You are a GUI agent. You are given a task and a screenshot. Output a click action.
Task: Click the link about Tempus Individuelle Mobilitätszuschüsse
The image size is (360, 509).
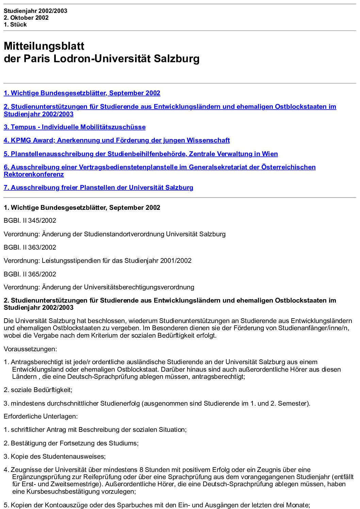[x=75, y=127]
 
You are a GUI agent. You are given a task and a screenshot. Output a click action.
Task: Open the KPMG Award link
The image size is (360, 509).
[x=117, y=140]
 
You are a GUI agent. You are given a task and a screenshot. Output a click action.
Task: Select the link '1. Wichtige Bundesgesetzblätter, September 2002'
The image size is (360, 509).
[x=82, y=93]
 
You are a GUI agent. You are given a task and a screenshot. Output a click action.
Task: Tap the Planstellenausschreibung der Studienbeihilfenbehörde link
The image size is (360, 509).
[x=141, y=154]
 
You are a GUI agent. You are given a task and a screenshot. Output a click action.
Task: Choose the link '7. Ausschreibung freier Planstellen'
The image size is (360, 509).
[x=98, y=188]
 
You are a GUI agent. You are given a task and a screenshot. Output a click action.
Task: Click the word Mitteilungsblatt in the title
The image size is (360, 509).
[x=44, y=46]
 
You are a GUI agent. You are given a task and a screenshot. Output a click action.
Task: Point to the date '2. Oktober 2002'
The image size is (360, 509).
[x=26, y=18]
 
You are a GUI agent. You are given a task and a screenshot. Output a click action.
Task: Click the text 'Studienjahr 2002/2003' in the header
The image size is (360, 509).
[x=35, y=11]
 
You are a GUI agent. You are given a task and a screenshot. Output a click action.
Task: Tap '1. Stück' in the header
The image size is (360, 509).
[x=15, y=24]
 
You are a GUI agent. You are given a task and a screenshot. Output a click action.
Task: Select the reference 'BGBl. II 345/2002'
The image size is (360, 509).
[x=30, y=221]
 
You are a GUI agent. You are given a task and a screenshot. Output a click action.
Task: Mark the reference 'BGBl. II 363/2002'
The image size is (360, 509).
[x=30, y=248]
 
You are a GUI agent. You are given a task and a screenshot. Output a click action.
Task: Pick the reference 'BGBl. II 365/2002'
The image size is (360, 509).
[x=30, y=274]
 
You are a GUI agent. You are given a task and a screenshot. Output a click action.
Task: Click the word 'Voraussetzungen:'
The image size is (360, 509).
[x=30, y=349]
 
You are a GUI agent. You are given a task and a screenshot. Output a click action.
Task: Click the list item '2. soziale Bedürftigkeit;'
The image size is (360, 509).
[x=38, y=390]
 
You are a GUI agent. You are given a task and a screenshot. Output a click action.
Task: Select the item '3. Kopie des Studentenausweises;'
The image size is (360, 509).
[x=55, y=457]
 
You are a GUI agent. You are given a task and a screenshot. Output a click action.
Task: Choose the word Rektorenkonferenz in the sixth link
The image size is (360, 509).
[x=34, y=174]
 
